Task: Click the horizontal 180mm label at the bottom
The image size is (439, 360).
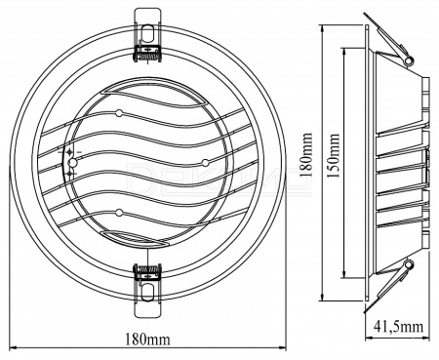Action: click(x=147, y=340)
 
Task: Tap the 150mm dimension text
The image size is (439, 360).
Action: click(x=333, y=155)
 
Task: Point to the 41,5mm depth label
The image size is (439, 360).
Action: click(x=398, y=327)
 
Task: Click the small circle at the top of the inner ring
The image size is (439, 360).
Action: click(x=119, y=113)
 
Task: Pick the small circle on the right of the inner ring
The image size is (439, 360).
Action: click(x=205, y=162)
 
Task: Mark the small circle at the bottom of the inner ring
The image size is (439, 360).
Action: click(x=119, y=213)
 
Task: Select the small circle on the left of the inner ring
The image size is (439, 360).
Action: click(x=72, y=162)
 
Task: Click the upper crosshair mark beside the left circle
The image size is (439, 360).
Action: click(x=69, y=152)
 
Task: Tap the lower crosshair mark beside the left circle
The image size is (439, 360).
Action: click(x=69, y=174)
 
